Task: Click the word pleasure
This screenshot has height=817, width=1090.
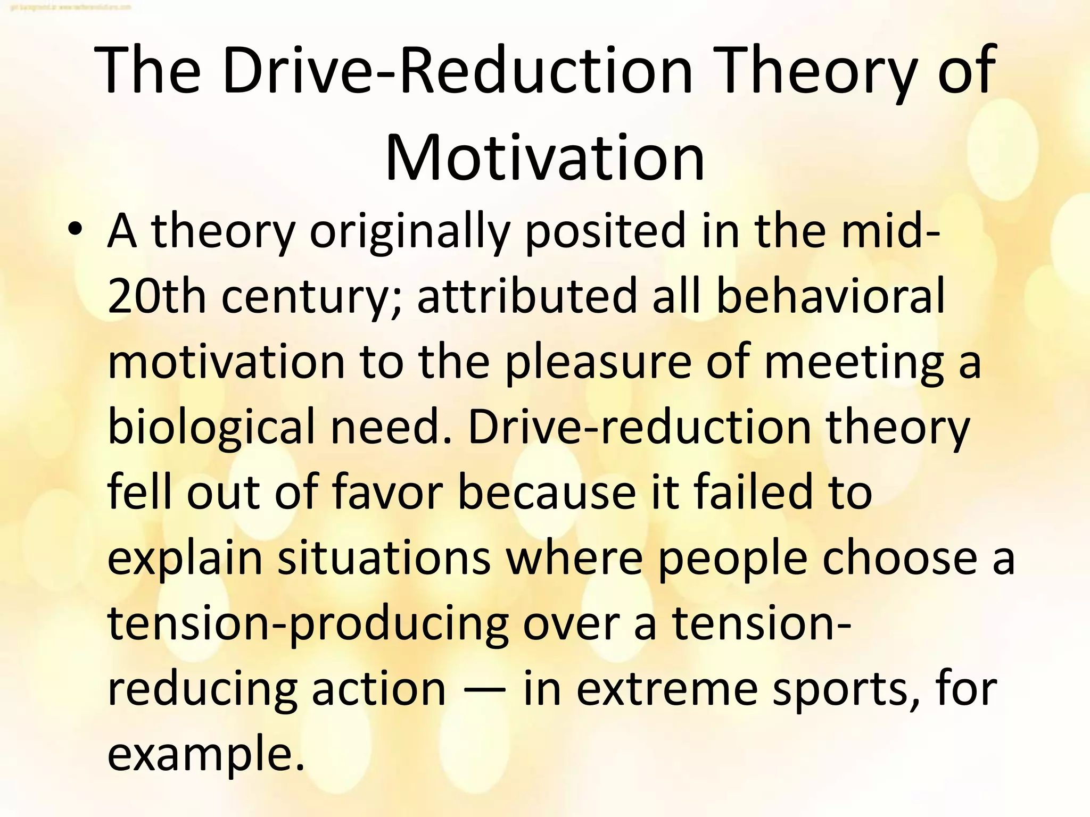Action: point(598,364)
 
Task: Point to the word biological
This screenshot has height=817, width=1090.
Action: point(212,428)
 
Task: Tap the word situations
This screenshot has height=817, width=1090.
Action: point(384,558)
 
